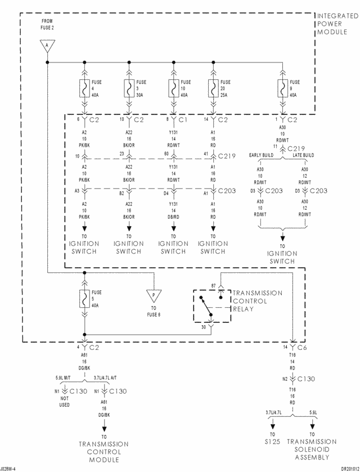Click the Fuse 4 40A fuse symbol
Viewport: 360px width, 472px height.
point(84,89)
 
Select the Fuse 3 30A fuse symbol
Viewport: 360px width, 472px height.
point(129,89)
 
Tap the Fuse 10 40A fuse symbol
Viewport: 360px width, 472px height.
point(173,89)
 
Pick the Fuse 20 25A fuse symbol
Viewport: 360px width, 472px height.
point(213,89)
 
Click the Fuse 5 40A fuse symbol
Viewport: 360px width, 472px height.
point(84,298)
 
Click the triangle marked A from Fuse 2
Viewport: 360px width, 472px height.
point(47,46)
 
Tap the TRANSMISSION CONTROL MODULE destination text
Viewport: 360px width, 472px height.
point(103,452)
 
